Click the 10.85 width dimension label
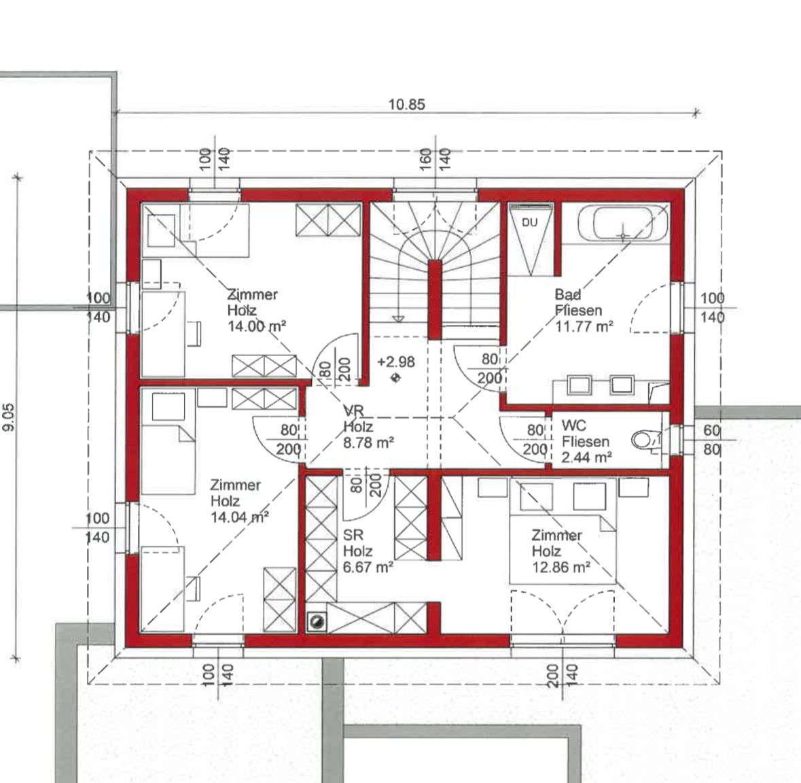(407, 104)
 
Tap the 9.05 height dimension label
(9, 417)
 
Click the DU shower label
(530, 222)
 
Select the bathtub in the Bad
(623, 224)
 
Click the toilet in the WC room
(645, 440)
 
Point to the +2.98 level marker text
(396, 362)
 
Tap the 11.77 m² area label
(584, 326)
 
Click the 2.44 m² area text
(586, 457)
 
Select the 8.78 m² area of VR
(368, 442)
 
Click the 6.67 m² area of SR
(368, 567)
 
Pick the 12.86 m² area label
(561, 567)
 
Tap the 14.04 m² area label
(240, 517)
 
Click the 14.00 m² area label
(256, 326)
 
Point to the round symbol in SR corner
(316, 621)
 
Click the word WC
(573, 425)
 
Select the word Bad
(567, 294)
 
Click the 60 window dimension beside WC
(711, 430)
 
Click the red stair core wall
(435, 300)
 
